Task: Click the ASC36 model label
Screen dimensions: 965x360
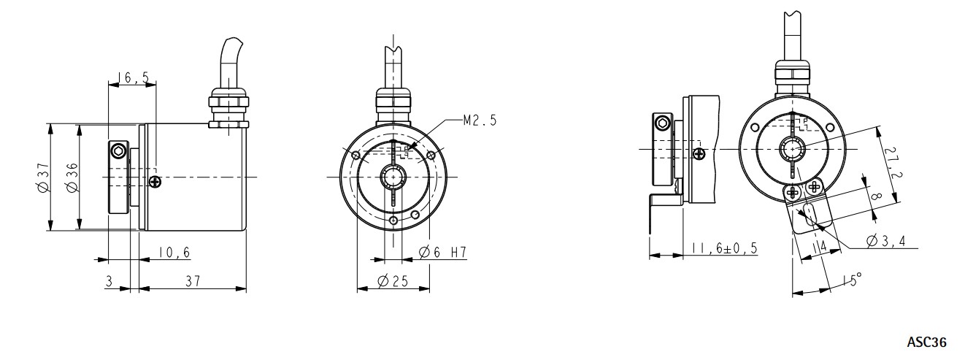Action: pos(926,342)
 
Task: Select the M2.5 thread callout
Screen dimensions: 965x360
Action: pos(480,120)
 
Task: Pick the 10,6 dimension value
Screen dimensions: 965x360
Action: pos(174,252)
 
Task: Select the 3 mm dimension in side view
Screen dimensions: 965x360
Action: pos(109,281)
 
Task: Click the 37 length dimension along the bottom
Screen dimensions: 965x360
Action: pos(193,281)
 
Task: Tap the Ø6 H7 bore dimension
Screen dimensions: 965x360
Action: pos(443,252)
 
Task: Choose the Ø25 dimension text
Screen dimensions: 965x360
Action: pos(393,281)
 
